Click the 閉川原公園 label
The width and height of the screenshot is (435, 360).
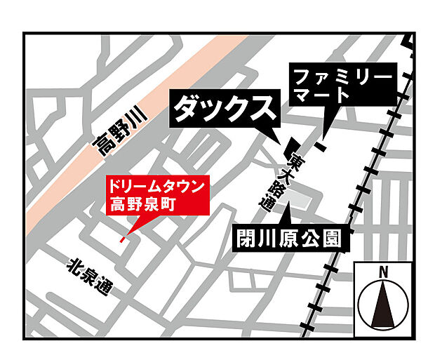[x=290, y=239]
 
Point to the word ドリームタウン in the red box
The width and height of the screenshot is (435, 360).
[x=157, y=187]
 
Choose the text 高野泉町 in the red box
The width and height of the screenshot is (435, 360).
[x=140, y=204]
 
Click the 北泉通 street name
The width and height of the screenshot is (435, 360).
[x=90, y=277]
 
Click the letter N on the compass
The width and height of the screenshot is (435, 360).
[x=383, y=272]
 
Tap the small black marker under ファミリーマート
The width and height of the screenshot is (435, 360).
[x=320, y=147]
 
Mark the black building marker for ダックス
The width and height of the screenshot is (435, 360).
[x=288, y=150]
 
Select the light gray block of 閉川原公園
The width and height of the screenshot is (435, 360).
[x=301, y=201]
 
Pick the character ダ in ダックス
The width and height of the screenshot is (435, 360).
[x=186, y=109]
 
